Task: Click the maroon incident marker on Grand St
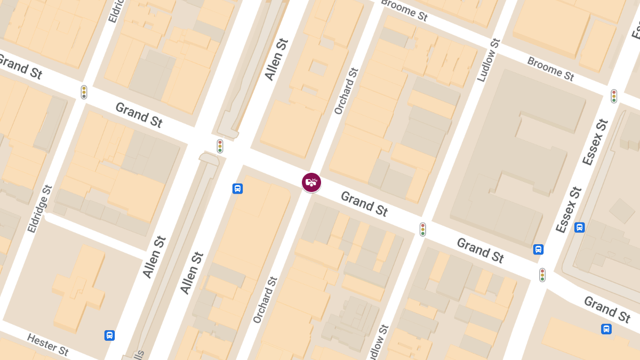coord(311,182)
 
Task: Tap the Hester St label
coord(47,345)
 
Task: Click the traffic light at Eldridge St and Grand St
coord(84,92)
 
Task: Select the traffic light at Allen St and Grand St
coord(220,146)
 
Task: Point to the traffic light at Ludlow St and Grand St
coord(422,229)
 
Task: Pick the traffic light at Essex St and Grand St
coord(542,275)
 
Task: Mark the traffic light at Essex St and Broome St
coord(614,96)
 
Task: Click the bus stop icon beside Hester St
coord(109,335)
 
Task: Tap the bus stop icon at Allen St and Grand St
coord(238,188)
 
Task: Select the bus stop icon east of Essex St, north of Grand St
coord(580,228)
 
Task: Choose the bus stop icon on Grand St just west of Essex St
coord(539,249)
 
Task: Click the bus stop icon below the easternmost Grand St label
coord(606,329)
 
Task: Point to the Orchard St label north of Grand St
coord(345,91)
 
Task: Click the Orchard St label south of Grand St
coord(265,300)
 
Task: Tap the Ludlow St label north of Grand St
coord(489,60)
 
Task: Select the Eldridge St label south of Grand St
coord(40,209)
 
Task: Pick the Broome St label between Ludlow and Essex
coord(550,69)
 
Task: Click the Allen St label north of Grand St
coord(277,59)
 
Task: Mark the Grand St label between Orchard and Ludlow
coord(364,204)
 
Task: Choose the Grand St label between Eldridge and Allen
coord(139,115)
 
